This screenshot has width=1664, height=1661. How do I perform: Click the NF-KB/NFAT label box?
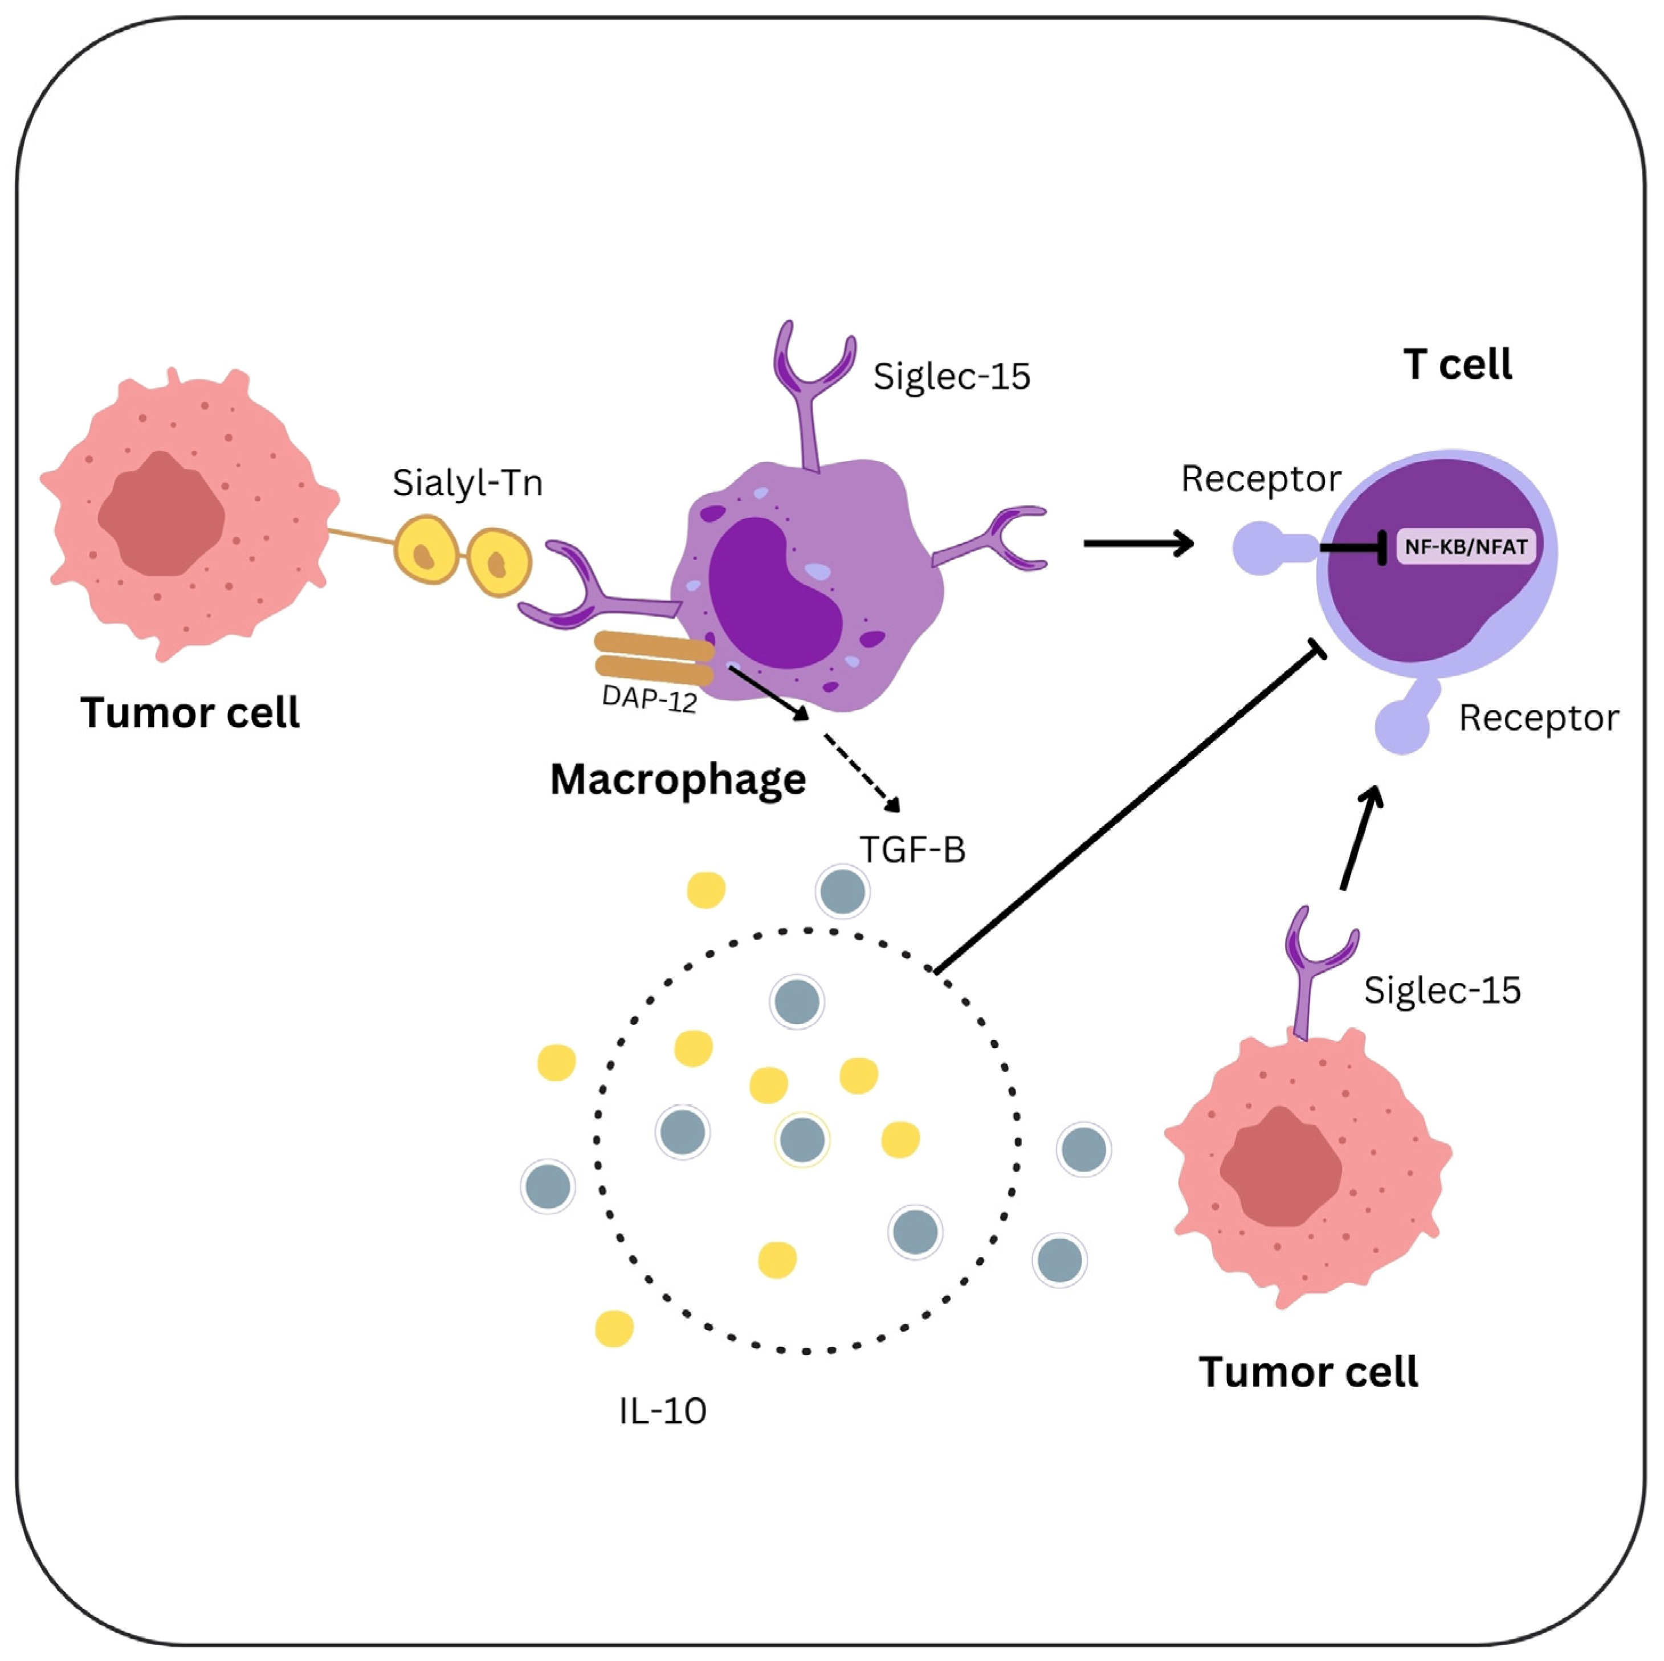point(1465,546)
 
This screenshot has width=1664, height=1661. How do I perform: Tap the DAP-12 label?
point(650,699)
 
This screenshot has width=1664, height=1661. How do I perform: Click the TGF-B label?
point(913,850)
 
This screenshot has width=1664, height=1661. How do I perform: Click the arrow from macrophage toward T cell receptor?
point(1139,544)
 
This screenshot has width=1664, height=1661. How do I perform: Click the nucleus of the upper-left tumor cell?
point(161,513)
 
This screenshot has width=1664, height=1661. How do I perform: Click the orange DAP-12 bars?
point(655,658)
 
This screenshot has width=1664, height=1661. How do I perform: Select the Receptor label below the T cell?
point(1538,718)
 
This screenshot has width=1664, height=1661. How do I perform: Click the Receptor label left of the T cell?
point(1261,479)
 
